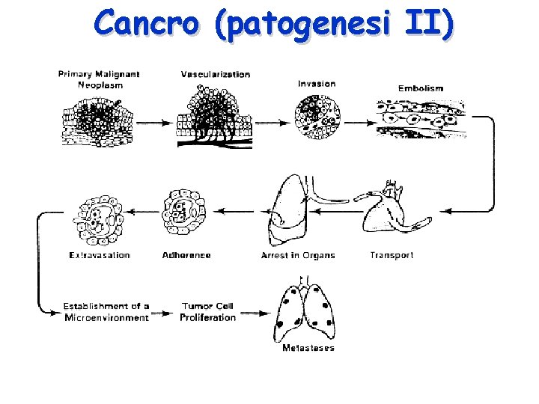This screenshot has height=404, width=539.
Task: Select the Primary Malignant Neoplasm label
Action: pyautogui.click(x=99, y=79)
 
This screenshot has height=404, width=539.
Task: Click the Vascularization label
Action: pyautogui.click(x=216, y=74)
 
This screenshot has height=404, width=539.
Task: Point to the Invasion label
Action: pyautogui.click(x=317, y=83)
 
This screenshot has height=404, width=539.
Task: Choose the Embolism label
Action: pyautogui.click(x=420, y=88)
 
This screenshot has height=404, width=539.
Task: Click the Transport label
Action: pyautogui.click(x=392, y=255)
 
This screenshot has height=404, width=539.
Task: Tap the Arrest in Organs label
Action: pyautogui.click(x=298, y=255)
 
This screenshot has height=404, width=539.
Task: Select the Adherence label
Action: pyautogui.click(x=186, y=255)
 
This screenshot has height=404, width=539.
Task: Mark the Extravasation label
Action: pyautogui.click(x=100, y=255)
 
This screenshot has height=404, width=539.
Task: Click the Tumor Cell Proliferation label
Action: pyautogui.click(x=207, y=311)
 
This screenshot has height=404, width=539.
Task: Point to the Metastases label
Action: pyautogui.click(x=308, y=348)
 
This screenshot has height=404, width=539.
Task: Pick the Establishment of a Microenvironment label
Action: pyautogui.click(x=106, y=311)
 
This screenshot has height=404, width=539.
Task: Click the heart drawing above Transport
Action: pyautogui.click(x=389, y=209)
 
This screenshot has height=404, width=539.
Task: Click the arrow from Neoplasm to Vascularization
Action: pyautogui.click(x=154, y=121)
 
